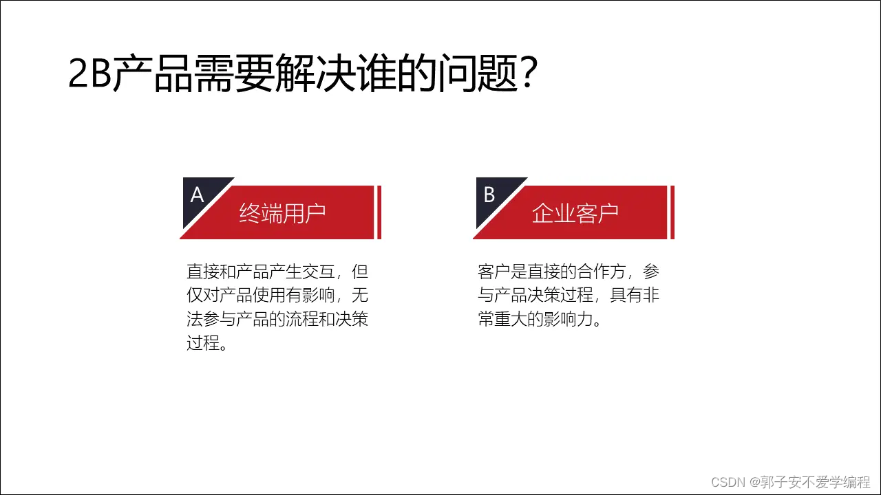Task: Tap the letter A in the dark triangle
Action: (x=198, y=196)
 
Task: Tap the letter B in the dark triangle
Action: (x=489, y=195)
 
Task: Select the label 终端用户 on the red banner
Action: (x=282, y=213)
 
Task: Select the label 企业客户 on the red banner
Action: (x=575, y=213)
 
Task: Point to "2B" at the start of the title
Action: (x=89, y=74)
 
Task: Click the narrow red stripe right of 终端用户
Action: (x=379, y=212)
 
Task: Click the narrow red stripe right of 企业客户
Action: (x=672, y=212)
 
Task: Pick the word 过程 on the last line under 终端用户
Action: (x=204, y=343)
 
